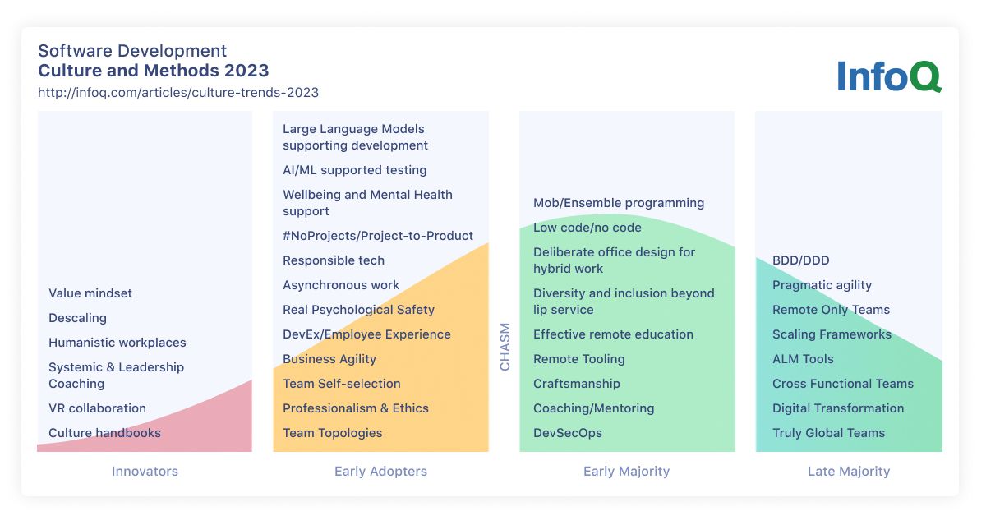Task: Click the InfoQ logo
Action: tap(889, 76)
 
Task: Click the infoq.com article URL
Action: tap(178, 93)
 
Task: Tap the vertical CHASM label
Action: tap(505, 347)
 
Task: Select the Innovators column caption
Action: tap(145, 471)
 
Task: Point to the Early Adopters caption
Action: tap(380, 471)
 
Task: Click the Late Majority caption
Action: tap(849, 471)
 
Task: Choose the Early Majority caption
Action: tap(626, 471)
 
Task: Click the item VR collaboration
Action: tap(97, 408)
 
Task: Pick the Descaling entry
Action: tap(77, 318)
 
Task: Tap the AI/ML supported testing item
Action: tap(355, 170)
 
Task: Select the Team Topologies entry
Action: tap(332, 433)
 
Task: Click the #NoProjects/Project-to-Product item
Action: tap(378, 236)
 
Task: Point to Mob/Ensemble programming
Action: tap(619, 203)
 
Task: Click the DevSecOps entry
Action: tap(568, 433)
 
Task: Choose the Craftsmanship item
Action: tap(577, 384)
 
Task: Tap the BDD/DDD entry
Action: tap(801, 260)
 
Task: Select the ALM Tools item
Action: tap(804, 359)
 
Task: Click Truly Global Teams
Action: tap(829, 433)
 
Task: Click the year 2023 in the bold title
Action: tap(246, 71)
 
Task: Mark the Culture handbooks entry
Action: tap(105, 433)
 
